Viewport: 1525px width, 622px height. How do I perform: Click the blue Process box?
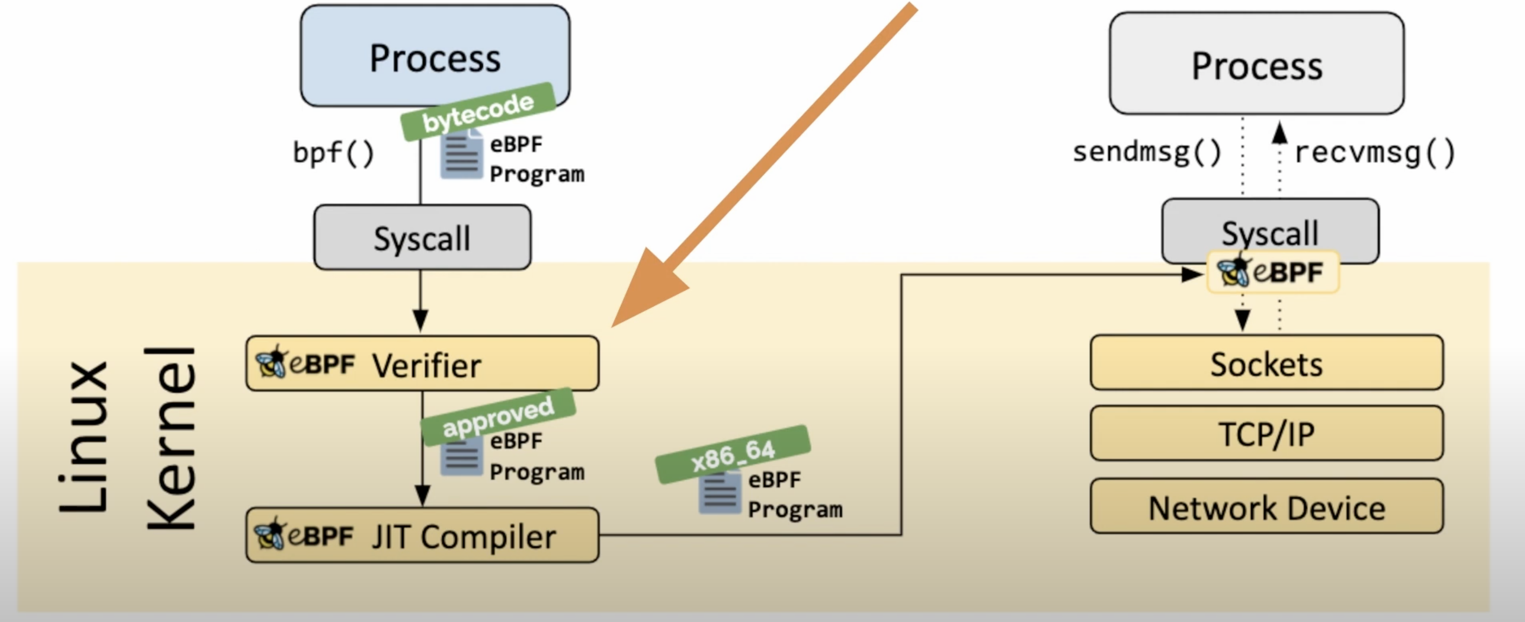coord(435,56)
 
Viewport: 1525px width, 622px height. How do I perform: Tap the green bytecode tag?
coord(478,111)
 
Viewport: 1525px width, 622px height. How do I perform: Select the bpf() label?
coord(333,153)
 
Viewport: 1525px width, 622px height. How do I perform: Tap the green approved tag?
coord(498,417)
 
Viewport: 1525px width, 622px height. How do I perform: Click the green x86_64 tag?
coord(732,454)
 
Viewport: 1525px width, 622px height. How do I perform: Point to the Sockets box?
coord(1266,363)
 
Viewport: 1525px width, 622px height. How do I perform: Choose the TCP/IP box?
coord(1266,433)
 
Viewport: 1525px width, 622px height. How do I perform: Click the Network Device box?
coord(1266,507)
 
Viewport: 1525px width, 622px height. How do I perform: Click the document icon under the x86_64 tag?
coord(719,492)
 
